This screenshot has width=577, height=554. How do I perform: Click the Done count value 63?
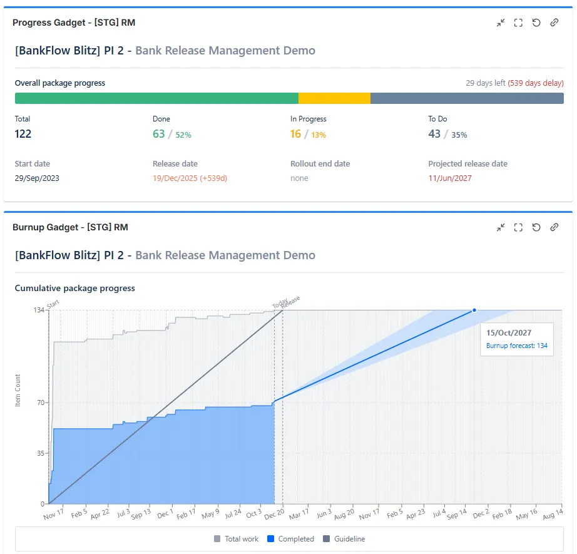click(159, 134)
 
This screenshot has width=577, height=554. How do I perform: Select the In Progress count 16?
click(295, 134)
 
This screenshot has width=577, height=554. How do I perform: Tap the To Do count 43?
click(434, 134)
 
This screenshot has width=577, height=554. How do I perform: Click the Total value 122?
click(23, 134)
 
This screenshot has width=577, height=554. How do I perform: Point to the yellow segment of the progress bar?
click(334, 98)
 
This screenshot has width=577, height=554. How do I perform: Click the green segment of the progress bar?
click(156, 98)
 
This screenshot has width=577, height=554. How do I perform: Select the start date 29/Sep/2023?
click(37, 178)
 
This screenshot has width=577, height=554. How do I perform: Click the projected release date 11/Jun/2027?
click(450, 178)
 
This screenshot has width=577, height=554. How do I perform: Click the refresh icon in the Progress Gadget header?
click(536, 23)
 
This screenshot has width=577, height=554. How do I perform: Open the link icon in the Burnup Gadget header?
click(554, 228)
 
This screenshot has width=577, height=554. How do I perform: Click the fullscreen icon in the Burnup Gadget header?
click(518, 228)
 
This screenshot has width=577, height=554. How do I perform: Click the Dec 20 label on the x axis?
click(274, 514)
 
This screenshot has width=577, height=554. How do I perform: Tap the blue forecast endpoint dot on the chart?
click(474, 310)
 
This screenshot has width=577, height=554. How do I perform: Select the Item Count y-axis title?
click(18, 391)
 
